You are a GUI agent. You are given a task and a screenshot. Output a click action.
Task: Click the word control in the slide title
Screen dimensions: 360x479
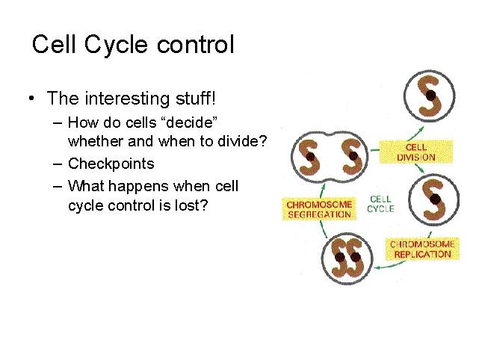(196, 45)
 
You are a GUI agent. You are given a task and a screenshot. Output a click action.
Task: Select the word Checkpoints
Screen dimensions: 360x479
(111, 164)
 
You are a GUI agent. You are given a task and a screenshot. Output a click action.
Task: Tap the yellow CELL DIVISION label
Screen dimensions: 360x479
(416, 153)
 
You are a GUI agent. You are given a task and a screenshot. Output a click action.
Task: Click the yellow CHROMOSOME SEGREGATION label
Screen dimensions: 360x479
(319, 209)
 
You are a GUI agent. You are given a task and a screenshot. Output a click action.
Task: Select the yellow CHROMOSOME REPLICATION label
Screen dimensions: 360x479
(422, 249)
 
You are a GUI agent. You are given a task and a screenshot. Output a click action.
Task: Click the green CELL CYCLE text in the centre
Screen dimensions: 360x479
(381, 204)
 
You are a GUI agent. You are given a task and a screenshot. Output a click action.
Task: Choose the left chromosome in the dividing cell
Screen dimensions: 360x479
(309, 157)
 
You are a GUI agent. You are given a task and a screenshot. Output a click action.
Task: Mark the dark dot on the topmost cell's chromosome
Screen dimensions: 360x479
(431, 95)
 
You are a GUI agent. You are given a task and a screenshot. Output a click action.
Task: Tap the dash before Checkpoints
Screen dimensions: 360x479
(58, 164)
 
